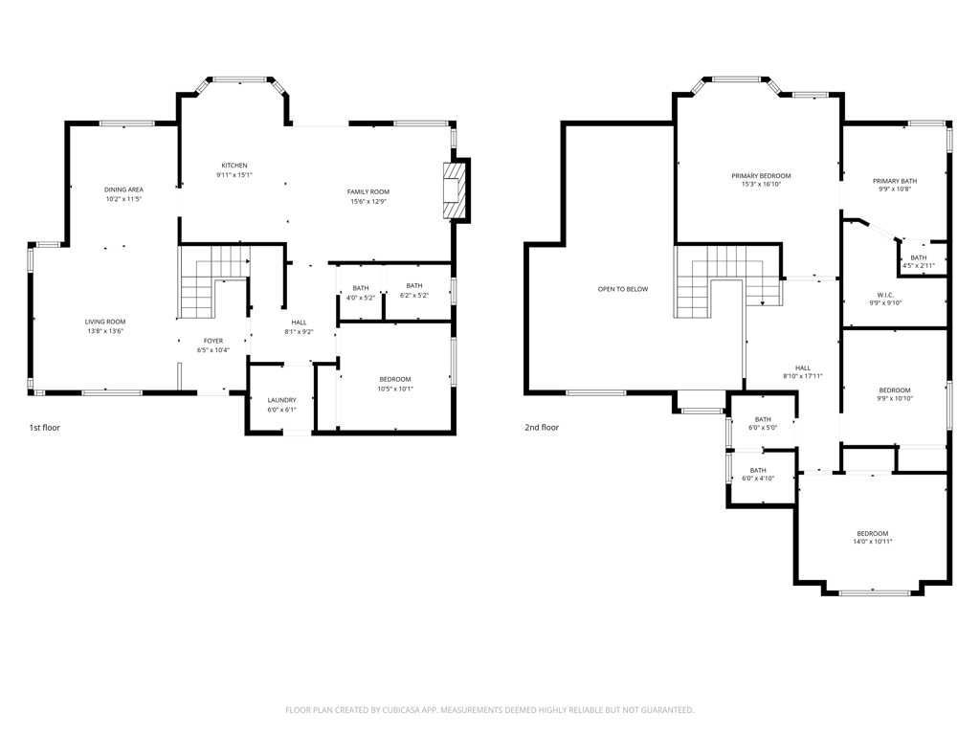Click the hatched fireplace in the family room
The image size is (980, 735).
[455, 190]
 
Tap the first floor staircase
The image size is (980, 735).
[213, 282]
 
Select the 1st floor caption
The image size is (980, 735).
[44, 428]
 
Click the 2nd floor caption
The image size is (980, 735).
[542, 428]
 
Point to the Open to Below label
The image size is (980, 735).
[623, 289]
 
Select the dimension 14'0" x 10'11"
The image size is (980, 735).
[873, 542]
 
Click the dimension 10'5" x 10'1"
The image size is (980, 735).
[395, 389]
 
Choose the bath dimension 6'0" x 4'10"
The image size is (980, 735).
[758, 479]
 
